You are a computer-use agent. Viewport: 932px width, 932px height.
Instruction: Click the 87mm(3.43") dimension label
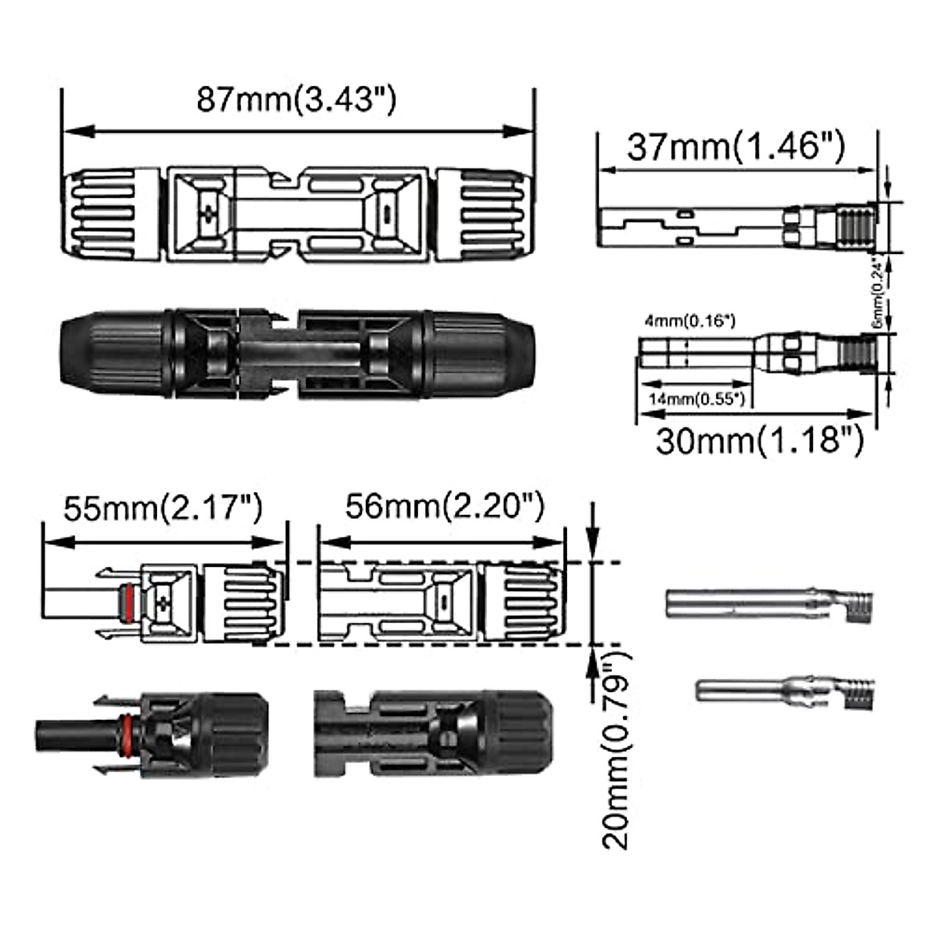click(x=296, y=101)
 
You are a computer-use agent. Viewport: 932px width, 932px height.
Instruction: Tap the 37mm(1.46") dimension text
click(x=736, y=147)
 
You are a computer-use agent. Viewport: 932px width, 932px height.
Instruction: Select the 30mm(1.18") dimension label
click(x=760, y=441)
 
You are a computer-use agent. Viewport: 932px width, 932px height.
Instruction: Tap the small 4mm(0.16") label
click(x=690, y=321)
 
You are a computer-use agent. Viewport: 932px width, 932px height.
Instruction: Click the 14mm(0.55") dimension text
click(x=697, y=399)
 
